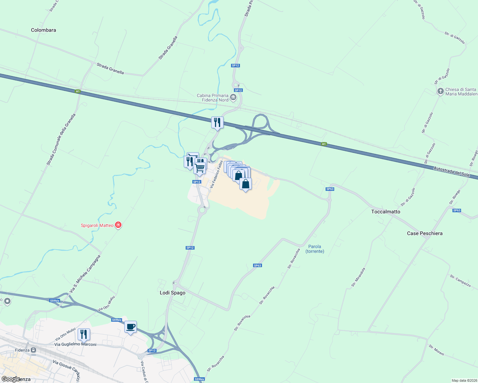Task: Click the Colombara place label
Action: coord(43,30)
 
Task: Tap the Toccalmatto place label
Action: coord(386,212)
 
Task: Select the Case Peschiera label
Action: coord(425,233)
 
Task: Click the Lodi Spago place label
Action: coord(173,293)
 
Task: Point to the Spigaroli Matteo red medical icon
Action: coord(119,225)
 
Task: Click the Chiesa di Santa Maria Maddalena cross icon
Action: coord(440,92)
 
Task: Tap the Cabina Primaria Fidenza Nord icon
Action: coord(233,97)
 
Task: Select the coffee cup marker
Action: coord(130,327)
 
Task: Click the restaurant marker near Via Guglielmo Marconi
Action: coord(84,334)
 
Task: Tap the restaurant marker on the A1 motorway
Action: coord(217,122)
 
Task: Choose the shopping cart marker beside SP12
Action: coord(200,168)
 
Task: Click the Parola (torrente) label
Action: coord(315,249)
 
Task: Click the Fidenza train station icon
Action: coord(33,350)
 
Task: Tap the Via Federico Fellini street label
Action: coord(216,174)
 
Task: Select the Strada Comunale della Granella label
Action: coord(61,140)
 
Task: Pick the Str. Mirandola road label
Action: coord(358,277)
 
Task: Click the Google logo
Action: coord(10,379)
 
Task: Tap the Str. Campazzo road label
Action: coord(460,281)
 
